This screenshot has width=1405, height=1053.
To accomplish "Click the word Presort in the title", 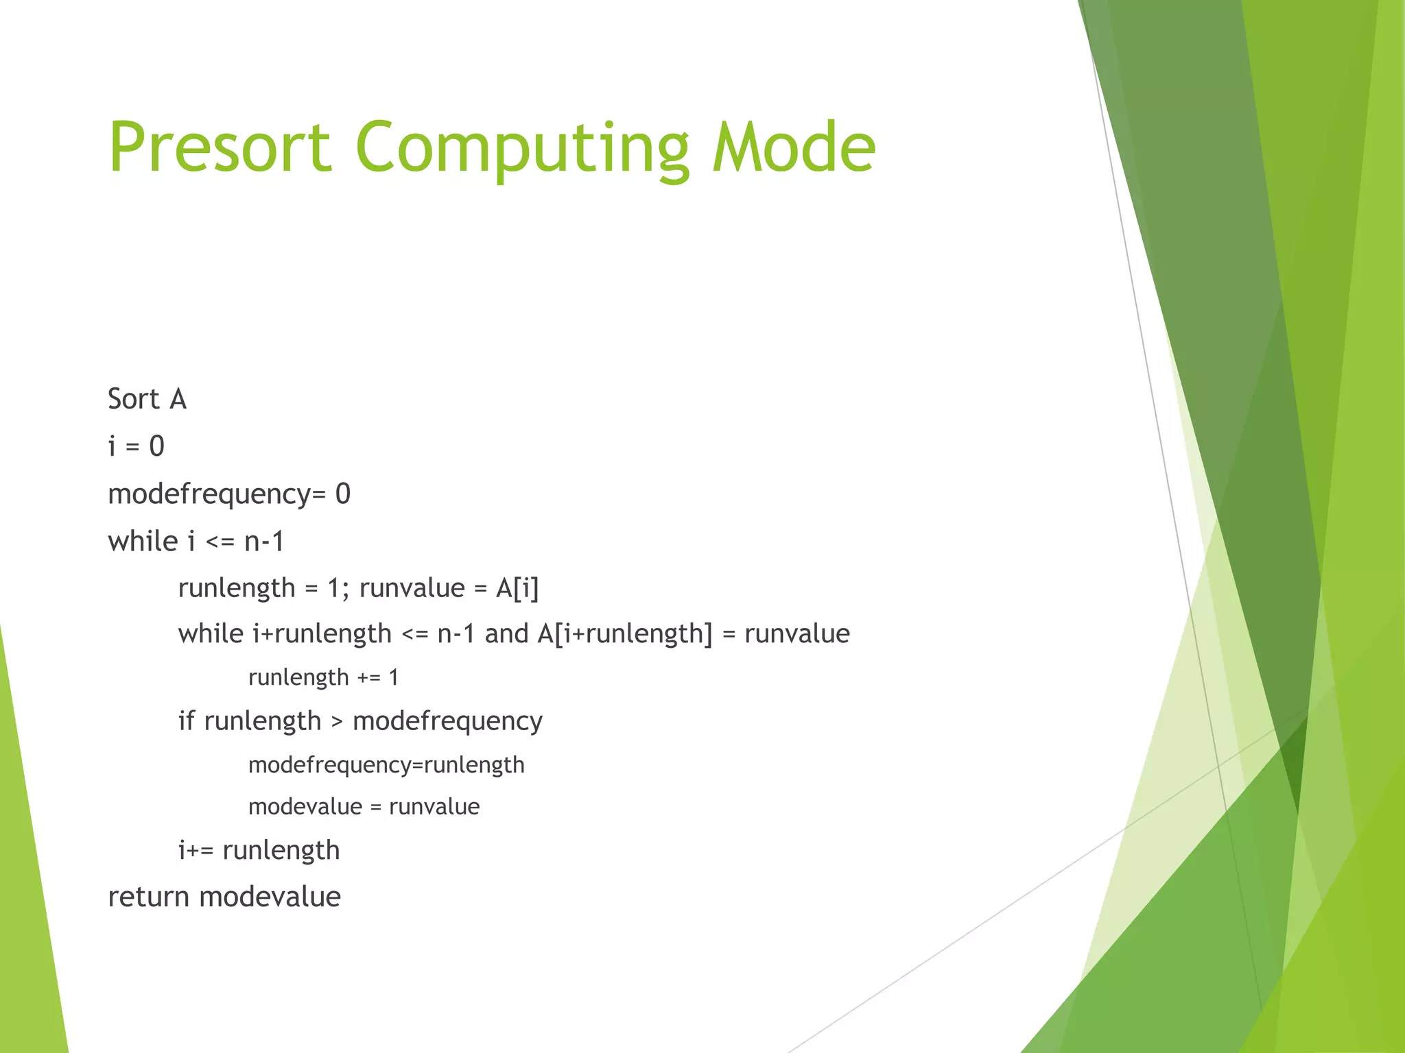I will [220, 147].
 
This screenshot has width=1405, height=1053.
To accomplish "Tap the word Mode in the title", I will [794, 147].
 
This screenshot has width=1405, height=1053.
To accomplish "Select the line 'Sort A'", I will [147, 399].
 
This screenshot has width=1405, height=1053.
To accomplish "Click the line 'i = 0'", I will [136, 446].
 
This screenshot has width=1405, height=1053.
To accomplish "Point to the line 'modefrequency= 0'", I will [229, 494].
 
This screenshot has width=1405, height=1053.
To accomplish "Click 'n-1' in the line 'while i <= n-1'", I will [264, 542].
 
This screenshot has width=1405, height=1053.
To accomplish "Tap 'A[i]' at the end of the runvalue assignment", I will [517, 588].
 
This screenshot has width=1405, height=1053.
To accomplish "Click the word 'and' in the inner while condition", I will [506, 633].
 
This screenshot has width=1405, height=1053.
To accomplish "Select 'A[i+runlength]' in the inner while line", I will [625, 633].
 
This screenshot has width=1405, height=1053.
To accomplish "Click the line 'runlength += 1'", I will [323, 677].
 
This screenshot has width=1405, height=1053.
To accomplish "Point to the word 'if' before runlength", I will [186, 721].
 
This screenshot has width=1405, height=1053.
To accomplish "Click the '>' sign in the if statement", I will [337, 722].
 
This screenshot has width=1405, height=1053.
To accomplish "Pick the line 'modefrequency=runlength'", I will [386, 765].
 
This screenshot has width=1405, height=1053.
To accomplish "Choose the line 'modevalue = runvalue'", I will [364, 807].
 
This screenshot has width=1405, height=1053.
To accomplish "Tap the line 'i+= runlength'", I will [259, 851].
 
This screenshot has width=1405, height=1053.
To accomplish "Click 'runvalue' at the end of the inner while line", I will [796, 633].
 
